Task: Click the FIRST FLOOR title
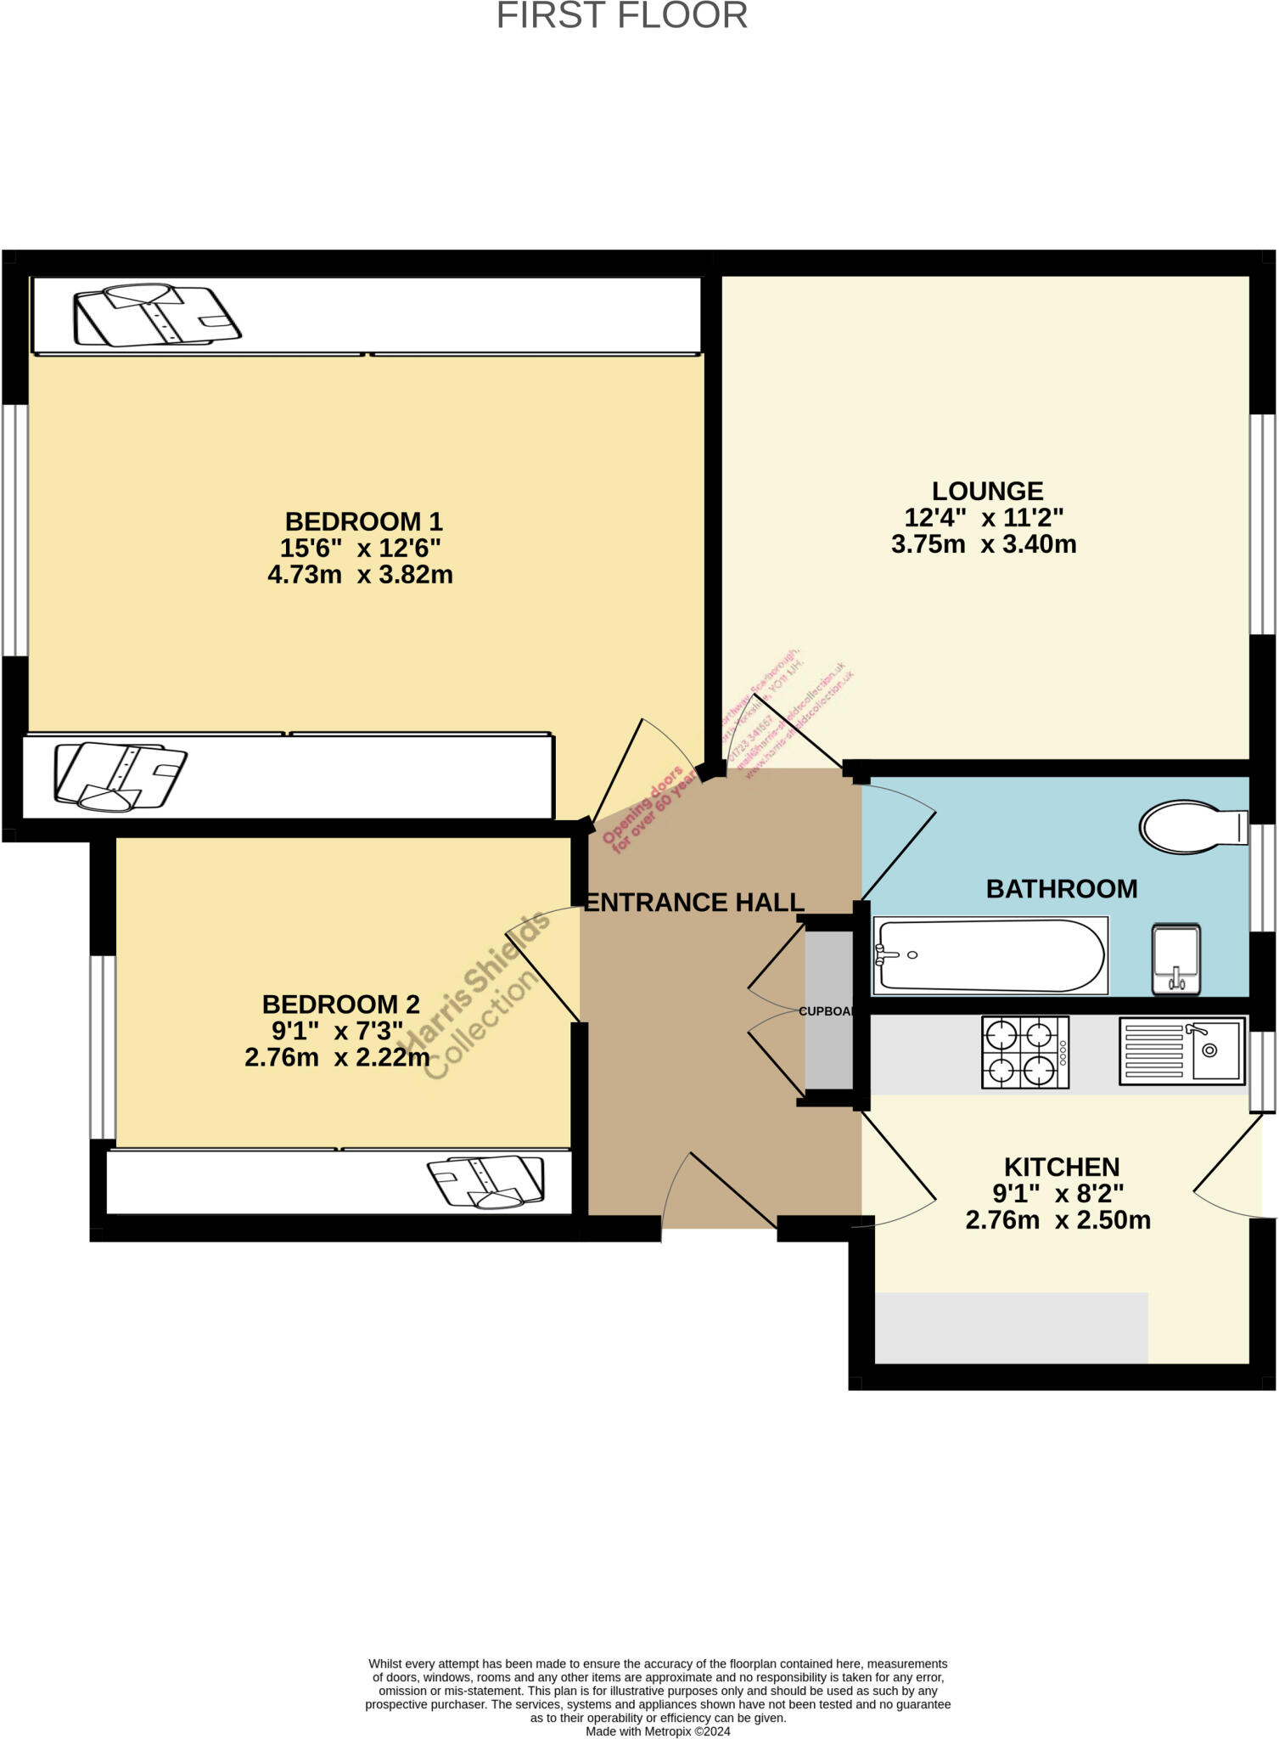[621, 16]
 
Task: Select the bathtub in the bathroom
[990, 955]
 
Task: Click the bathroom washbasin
[1175, 959]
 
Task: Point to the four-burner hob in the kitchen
[1024, 1052]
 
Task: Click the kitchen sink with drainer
[1182, 1051]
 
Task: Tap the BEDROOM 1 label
[363, 521]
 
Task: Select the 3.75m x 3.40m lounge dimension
[984, 544]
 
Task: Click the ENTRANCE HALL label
[693, 903]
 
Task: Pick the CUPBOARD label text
[827, 1011]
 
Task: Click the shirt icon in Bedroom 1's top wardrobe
[157, 315]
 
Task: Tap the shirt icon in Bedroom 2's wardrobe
[486, 1181]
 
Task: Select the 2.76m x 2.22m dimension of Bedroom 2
[337, 1057]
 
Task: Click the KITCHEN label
[1061, 1166]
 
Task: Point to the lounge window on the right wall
[1263, 524]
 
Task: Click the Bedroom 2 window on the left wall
[103, 1046]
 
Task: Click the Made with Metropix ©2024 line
[658, 1731]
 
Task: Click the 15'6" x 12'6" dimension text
[360, 548]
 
